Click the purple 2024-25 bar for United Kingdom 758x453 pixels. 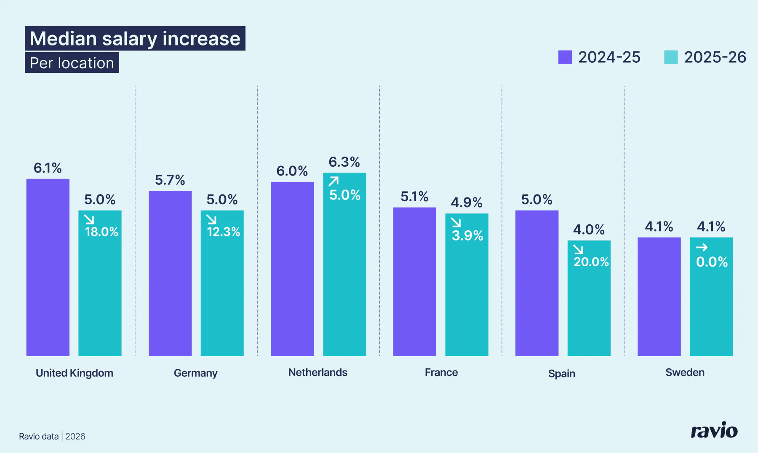tap(48, 267)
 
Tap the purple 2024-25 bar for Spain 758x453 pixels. tap(536, 283)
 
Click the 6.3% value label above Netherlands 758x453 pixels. tap(344, 162)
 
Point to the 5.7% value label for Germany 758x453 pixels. tap(170, 180)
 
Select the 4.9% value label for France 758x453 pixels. tap(466, 203)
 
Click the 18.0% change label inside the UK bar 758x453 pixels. tap(101, 232)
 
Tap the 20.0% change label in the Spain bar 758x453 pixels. tap(591, 262)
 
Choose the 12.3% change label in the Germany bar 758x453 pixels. tap(223, 232)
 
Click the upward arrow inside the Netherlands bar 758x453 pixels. tap(334, 181)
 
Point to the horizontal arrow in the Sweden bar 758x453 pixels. tap(702, 248)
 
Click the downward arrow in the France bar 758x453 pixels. tap(456, 222)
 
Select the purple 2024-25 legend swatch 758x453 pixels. tap(565, 57)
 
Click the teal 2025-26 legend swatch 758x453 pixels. tap(671, 57)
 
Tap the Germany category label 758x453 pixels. tap(195, 373)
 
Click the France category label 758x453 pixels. tap(441, 373)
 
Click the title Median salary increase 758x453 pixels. tap(135, 38)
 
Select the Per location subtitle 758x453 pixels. tap(72, 63)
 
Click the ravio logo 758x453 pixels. tap(714, 431)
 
